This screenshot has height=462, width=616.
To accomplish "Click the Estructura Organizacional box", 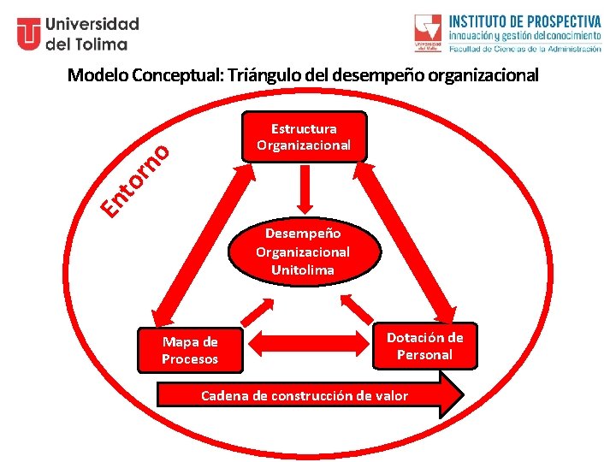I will [x=304, y=137].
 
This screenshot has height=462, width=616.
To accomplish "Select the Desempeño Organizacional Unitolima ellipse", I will [x=302, y=251].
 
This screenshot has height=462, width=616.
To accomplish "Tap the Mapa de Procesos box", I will [x=190, y=351].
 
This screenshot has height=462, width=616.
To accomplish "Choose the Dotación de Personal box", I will [x=425, y=346].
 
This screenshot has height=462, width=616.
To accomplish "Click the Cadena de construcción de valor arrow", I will [x=308, y=395].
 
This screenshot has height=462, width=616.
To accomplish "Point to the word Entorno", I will [x=136, y=180].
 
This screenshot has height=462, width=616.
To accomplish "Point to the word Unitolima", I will [x=302, y=270].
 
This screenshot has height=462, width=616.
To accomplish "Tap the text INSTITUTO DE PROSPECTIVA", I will [x=525, y=21].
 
